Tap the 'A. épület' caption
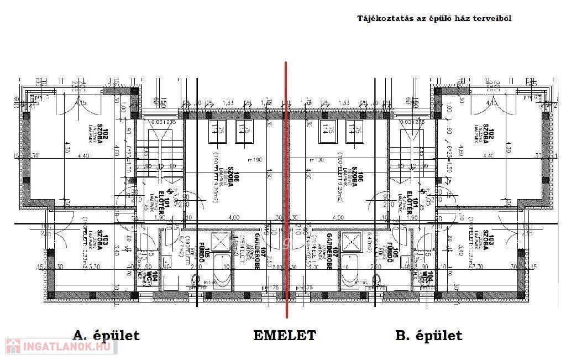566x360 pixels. pos(106,335)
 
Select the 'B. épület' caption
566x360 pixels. pos(429,335)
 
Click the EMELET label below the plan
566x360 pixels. pos(285,335)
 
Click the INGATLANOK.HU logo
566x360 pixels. pos(61,347)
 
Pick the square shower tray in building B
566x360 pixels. pos(351,241)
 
